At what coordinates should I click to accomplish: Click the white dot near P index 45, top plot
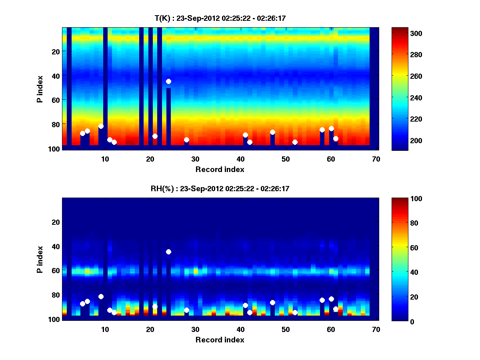coord(168,81)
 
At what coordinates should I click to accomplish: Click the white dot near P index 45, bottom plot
coord(168,252)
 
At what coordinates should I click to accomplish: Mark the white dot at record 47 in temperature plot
coord(272,132)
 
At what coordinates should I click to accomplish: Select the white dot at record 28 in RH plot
coord(186,310)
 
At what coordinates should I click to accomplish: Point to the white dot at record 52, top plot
coord(295,142)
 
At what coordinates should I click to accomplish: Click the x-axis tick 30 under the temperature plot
coord(195,158)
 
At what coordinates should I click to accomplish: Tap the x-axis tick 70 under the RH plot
coord(376,329)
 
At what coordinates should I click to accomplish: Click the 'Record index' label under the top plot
coord(220,169)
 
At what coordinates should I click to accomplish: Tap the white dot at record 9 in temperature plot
coord(101,126)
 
